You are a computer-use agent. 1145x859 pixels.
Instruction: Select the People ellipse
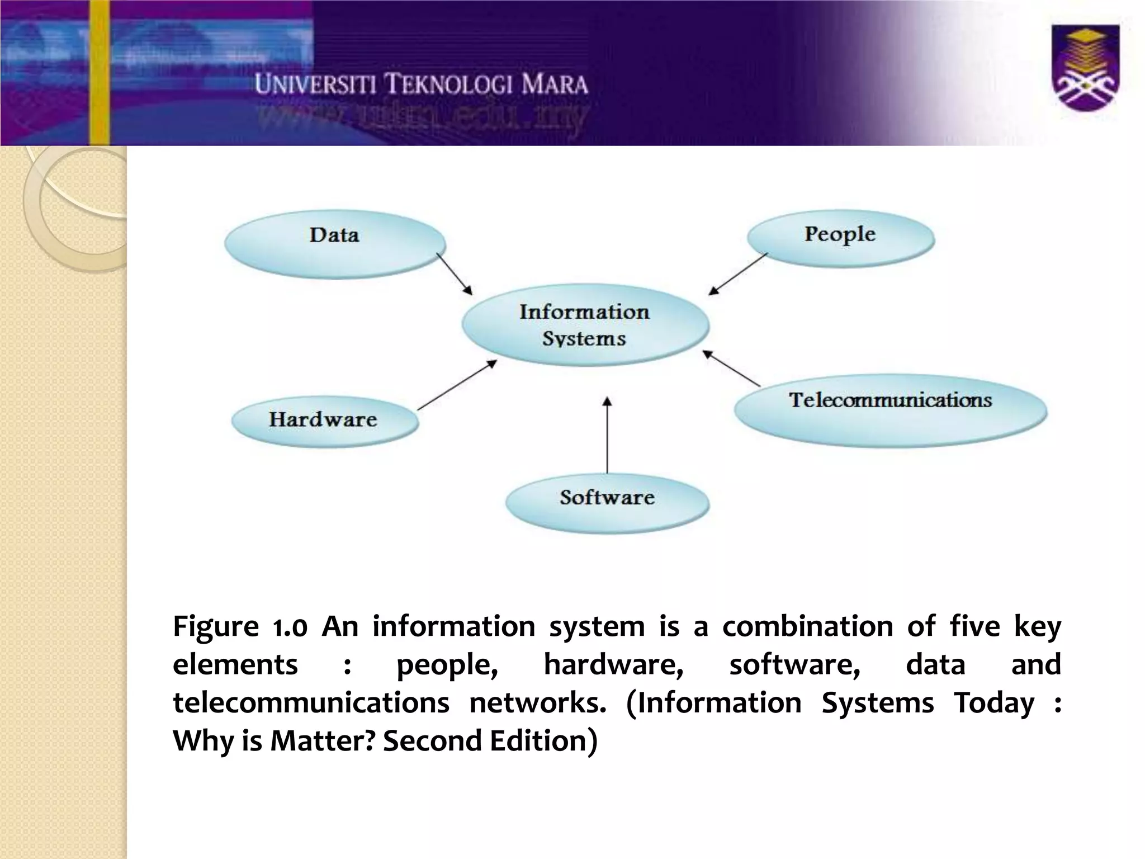(x=840, y=237)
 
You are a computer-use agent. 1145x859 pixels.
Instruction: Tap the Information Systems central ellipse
(x=585, y=325)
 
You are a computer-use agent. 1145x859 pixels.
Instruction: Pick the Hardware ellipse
(x=324, y=421)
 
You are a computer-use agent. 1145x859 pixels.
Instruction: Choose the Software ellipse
(x=607, y=502)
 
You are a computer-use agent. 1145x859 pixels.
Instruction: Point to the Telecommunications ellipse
(x=890, y=409)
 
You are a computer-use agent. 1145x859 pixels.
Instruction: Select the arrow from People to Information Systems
(x=738, y=273)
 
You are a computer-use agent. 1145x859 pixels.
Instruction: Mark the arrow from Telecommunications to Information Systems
(x=731, y=369)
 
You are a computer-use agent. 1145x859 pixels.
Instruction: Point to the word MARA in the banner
(x=554, y=85)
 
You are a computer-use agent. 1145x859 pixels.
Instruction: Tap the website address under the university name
(x=422, y=118)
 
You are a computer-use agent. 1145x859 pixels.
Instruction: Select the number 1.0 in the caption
(x=290, y=627)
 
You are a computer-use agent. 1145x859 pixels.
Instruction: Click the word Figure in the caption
(x=215, y=627)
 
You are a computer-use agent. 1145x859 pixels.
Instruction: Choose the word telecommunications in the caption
(x=311, y=703)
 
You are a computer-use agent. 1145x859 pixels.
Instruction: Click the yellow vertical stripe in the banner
(x=100, y=73)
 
